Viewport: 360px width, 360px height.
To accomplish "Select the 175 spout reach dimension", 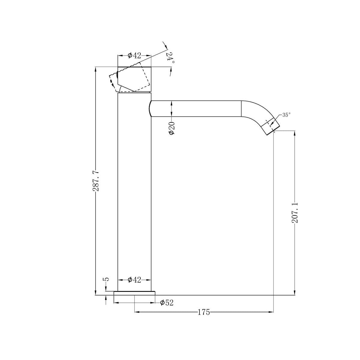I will pyautogui.click(x=204, y=312).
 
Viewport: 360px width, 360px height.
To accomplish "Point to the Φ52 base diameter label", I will pyautogui.click(x=167, y=303).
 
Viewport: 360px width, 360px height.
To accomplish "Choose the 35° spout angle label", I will pyautogui.click(x=286, y=115).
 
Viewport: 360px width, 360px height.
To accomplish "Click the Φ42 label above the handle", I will pyautogui.click(x=134, y=55).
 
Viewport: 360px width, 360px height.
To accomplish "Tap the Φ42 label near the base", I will pyautogui.click(x=134, y=280).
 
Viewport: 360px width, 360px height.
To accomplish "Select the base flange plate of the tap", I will pyautogui.click(x=134, y=293).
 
